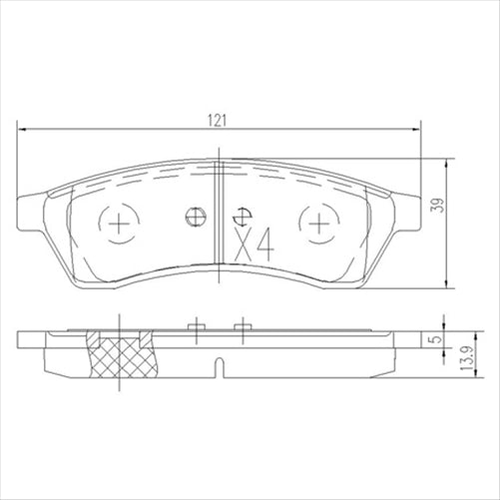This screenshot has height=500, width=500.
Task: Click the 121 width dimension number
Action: [x=215, y=119]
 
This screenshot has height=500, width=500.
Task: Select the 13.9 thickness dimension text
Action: [x=465, y=359]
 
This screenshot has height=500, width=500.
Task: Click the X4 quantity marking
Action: [x=253, y=242]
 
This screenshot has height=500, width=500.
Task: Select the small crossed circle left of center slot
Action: [x=196, y=216]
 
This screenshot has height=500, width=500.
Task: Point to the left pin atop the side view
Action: [x=198, y=326]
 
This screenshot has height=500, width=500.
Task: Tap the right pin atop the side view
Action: [x=241, y=326]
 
